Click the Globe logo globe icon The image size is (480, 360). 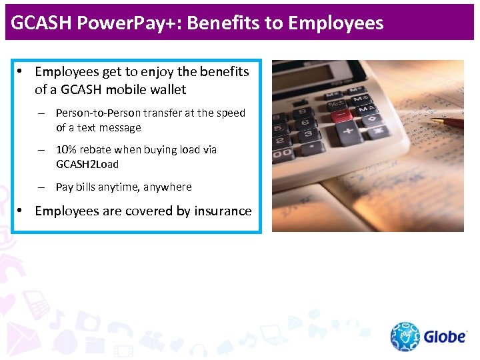click(x=405, y=337)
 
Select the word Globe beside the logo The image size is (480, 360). click(x=445, y=337)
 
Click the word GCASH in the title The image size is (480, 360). click(x=42, y=23)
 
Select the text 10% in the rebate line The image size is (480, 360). click(x=67, y=149)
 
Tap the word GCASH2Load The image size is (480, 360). click(x=87, y=163)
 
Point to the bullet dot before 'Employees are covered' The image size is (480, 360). click(x=21, y=211)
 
